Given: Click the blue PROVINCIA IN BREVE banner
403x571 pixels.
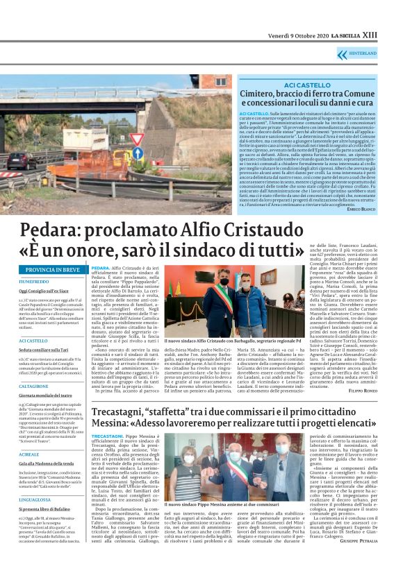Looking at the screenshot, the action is click(x=53, y=269).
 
